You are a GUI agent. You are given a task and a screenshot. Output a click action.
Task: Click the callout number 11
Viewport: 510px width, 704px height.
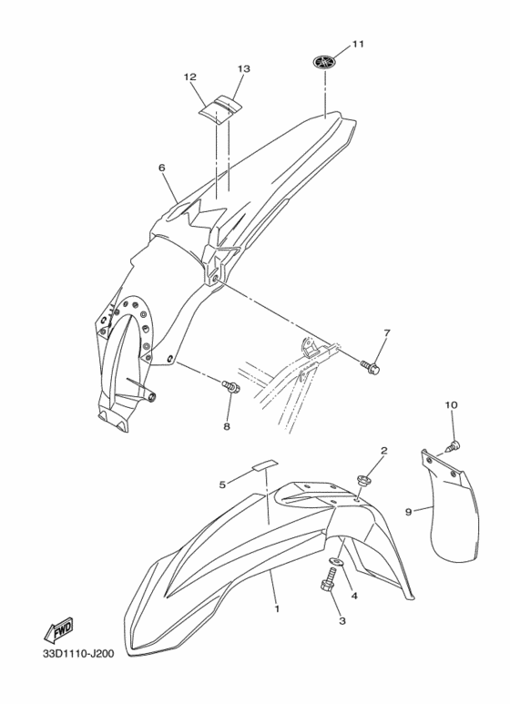357,44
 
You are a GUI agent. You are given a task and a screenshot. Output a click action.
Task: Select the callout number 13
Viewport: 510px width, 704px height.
244,68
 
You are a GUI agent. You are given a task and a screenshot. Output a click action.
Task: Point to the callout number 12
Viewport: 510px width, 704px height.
190,77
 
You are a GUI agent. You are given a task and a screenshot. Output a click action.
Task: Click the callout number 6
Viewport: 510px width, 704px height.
161,168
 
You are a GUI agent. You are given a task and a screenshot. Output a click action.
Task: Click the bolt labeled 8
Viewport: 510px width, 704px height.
231,385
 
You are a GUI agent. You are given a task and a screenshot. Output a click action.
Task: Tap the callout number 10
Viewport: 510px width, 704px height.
451,405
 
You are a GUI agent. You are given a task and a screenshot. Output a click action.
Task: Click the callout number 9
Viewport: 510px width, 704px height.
409,512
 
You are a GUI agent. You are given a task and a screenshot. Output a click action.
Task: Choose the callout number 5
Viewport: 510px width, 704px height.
222,485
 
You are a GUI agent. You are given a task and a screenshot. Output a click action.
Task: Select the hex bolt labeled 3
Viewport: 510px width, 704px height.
328,579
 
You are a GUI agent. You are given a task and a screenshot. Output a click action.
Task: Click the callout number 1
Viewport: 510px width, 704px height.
277,609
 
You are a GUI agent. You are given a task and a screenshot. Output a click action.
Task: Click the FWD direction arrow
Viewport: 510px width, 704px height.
58,631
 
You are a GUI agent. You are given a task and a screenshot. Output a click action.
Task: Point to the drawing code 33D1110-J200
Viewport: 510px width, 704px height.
78,653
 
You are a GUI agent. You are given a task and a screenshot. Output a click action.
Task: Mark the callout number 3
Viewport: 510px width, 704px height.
342,621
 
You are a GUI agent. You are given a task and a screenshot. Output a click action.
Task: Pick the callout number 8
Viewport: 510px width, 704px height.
227,426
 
